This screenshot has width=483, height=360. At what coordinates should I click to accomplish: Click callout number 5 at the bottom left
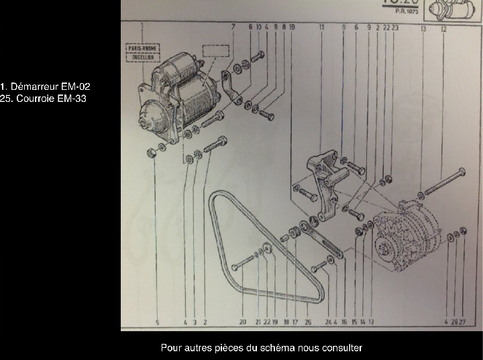tap(157, 322)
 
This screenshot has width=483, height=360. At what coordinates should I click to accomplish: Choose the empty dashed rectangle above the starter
tap(216, 52)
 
